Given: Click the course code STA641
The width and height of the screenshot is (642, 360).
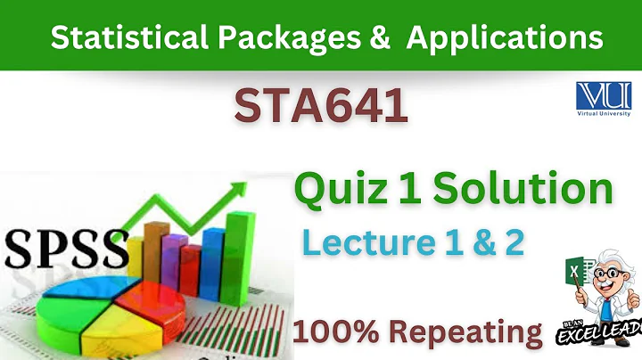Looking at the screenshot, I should [x=321, y=109].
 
